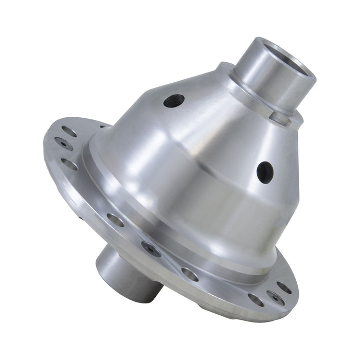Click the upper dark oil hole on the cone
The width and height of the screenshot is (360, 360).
coord(174,100)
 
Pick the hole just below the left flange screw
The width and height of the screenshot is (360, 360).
coord(70,164)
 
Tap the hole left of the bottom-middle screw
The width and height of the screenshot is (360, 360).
coord(116,220)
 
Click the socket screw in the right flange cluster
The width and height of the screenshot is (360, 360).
coord(274,297)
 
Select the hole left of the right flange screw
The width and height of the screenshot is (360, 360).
coord(256,299)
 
